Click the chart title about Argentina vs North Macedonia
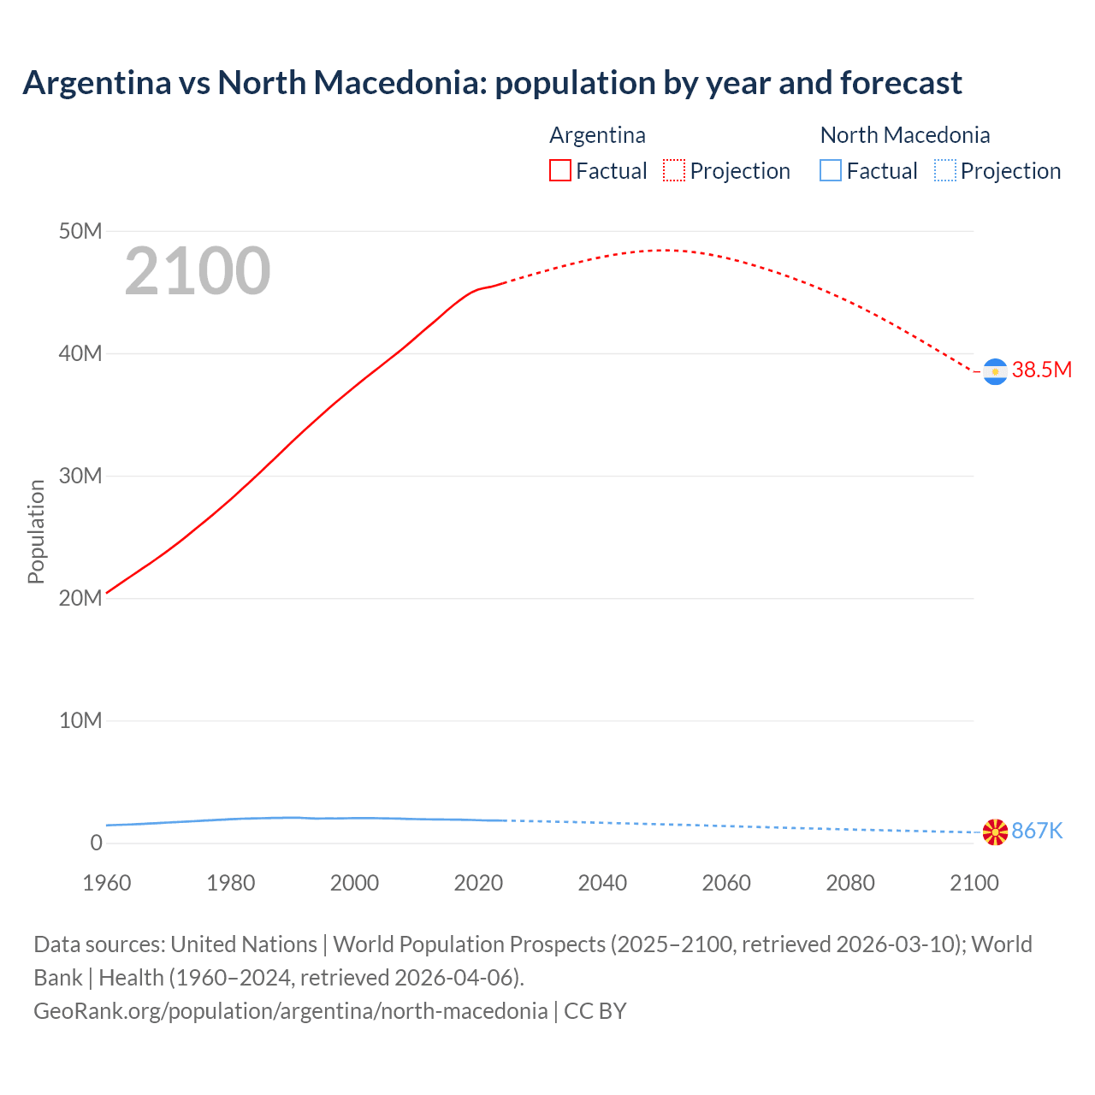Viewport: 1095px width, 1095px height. coord(492,83)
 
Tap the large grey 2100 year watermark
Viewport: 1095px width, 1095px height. coord(198,271)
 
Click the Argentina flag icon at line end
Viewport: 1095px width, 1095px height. coord(995,371)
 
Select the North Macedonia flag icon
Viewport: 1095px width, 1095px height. coord(995,832)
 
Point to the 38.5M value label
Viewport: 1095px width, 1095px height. coord(1041,370)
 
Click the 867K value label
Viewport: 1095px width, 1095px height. coord(1037,831)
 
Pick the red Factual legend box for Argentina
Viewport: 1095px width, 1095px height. coord(560,171)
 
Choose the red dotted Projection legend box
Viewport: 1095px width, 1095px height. coord(674,171)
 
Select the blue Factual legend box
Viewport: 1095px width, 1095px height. coord(831,171)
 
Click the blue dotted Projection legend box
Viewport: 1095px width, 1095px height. coord(945,171)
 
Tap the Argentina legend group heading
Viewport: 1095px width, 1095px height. coord(597,135)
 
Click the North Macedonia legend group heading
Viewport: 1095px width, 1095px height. coord(905,135)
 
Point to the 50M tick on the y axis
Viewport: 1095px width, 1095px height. coord(80,231)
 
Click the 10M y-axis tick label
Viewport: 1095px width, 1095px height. coord(80,720)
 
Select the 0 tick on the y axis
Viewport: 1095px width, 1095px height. coord(96,843)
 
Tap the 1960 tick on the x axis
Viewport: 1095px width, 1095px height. coord(107,883)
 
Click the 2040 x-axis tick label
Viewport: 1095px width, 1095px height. coord(602,883)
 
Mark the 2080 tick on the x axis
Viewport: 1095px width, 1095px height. coord(850,883)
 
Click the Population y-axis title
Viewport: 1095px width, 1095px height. coord(36,531)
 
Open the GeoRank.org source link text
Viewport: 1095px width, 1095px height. coord(291,1011)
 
